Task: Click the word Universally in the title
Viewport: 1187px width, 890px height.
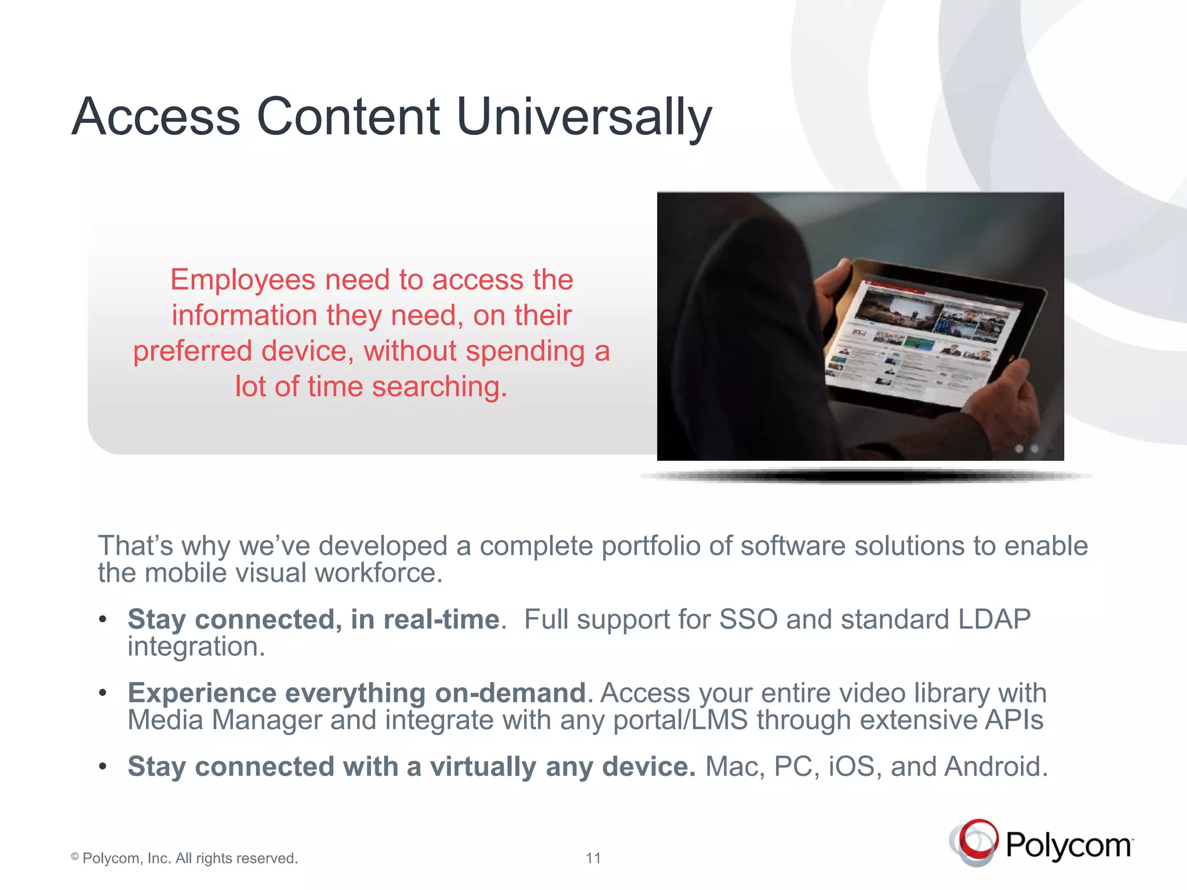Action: coord(584,117)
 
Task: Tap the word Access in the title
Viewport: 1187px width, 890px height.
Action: coord(155,117)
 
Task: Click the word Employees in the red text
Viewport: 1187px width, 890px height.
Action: coord(242,280)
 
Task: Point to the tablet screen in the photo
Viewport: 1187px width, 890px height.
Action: coord(922,342)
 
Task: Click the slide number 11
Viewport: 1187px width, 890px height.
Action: coord(593,858)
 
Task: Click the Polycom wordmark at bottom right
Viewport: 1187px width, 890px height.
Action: coord(1068,846)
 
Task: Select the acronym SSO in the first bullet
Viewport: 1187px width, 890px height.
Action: coord(748,619)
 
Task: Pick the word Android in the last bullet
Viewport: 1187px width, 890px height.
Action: coord(995,767)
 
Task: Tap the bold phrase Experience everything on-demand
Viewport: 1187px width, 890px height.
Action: coord(356,693)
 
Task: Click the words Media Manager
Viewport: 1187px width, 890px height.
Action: coord(224,720)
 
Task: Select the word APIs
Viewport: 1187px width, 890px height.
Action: coord(1014,720)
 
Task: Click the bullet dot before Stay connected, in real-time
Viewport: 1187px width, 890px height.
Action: coord(103,619)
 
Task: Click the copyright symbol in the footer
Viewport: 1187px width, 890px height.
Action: coord(75,857)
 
